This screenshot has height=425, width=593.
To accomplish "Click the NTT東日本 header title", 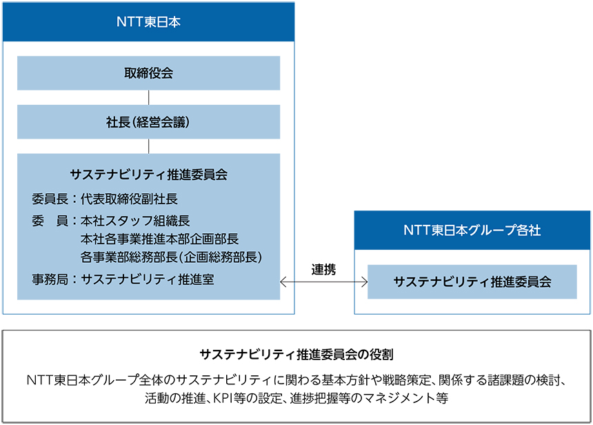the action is point(148,22).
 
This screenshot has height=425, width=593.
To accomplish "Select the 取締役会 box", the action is point(149,73).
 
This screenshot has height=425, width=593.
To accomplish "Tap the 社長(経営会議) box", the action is point(149,122).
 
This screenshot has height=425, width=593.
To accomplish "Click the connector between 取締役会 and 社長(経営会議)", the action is point(149,98).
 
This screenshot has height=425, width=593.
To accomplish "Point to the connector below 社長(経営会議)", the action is point(149,146).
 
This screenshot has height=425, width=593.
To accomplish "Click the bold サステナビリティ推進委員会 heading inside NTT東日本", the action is point(149,175).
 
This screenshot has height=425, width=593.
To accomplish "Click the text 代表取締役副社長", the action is point(129,199).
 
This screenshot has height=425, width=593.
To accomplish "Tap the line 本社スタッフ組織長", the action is point(135,221).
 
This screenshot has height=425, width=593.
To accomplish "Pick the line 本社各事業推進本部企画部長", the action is point(159,239).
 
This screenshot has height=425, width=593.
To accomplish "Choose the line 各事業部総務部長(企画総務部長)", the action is point(171,257).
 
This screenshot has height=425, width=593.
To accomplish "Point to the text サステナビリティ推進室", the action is point(148,279).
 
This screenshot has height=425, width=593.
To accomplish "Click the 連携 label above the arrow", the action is point(323,270).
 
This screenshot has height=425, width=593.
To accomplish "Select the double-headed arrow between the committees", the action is point(323,282).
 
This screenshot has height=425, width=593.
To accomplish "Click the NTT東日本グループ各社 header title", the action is point(472,230).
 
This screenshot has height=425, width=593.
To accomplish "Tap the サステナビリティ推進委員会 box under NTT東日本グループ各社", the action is point(472,282).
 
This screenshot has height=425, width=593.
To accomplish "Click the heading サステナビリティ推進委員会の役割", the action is point(296,354).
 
